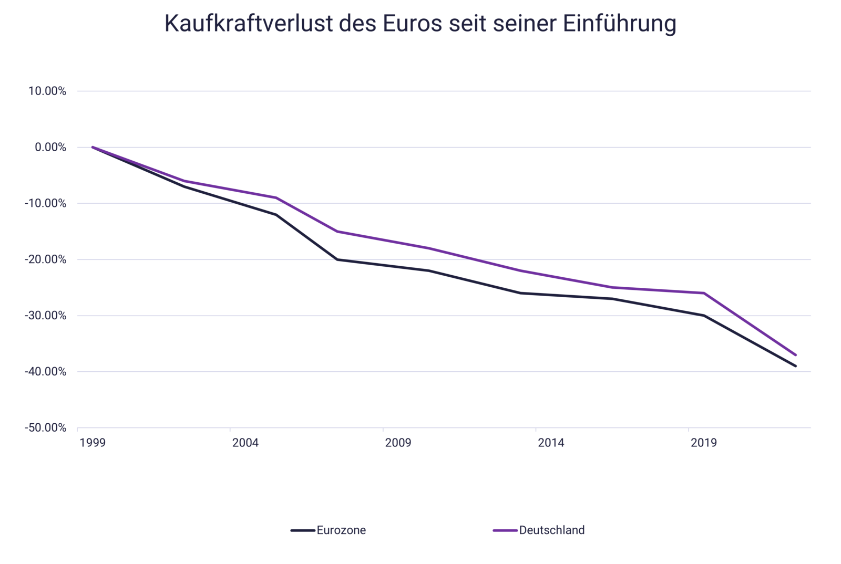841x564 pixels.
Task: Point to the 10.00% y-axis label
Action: (x=47, y=91)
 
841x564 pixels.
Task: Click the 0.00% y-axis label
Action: (x=50, y=148)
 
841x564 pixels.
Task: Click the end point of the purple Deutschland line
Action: (x=796, y=355)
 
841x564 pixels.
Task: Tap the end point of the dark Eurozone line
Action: (x=796, y=366)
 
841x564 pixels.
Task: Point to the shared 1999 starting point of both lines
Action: (x=93, y=147)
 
